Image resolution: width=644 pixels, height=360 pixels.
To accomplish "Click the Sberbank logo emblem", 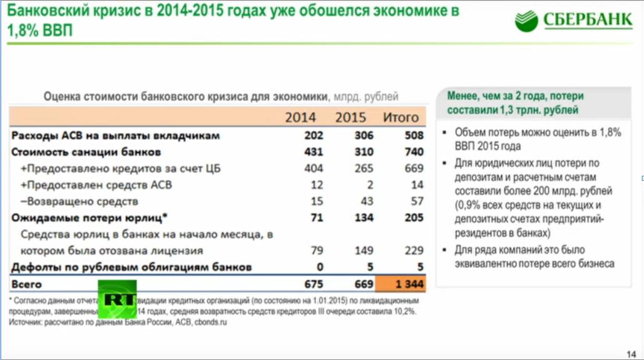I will coord(526,21).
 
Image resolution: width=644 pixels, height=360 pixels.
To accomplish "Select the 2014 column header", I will coord(300,117).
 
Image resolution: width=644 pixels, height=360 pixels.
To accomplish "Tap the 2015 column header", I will coord(350,117).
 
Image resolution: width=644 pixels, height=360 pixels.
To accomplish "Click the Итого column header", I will coord(401,117).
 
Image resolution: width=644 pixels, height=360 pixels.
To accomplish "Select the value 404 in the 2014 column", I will coord(313,168).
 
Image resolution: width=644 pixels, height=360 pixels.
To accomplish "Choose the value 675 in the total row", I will coord(313,284).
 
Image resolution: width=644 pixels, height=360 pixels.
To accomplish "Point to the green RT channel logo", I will coord(117,299).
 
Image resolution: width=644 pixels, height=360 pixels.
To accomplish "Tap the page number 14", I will coord(631,351).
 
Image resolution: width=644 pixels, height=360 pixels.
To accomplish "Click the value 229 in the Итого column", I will coord(413,250).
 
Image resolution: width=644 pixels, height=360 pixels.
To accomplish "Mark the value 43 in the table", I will coord(367,202).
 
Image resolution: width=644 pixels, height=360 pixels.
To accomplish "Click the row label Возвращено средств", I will coord(79,202).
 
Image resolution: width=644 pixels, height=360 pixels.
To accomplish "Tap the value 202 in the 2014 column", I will coord(313,135).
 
